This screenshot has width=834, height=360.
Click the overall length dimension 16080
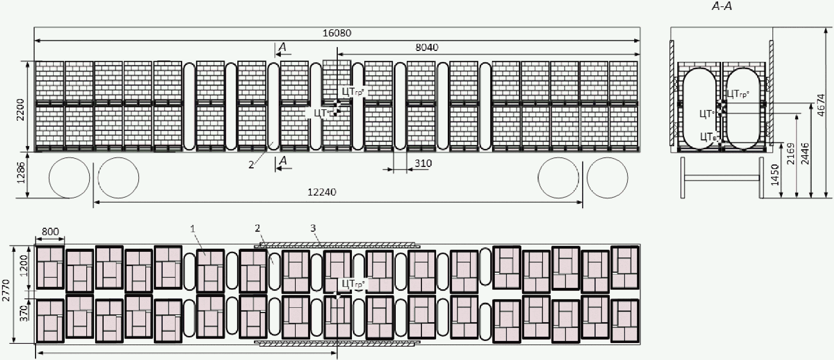click(x=337, y=33)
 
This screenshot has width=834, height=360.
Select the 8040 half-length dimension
click(x=427, y=47)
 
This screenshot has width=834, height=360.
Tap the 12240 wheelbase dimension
click(x=322, y=192)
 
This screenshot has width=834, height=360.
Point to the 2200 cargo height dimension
click(x=21, y=110)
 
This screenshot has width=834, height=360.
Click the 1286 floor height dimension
click(x=21, y=173)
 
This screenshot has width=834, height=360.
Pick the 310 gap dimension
click(x=423, y=163)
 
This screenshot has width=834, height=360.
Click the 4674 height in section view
click(x=821, y=105)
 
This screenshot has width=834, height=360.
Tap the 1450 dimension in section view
click(x=775, y=175)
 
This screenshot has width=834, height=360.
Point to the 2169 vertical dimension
click(x=790, y=153)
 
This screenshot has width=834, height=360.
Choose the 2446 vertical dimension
click(x=805, y=153)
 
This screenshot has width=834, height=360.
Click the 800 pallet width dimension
click(x=50, y=232)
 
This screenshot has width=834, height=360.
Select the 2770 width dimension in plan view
click(x=6, y=290)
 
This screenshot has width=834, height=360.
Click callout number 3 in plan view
click(x=313, y=228)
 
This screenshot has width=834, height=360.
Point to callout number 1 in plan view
click(x=193, y=229)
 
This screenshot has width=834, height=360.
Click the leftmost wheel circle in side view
click(x=69, y=178)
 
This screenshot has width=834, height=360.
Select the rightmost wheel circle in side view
click(x=607, y=178)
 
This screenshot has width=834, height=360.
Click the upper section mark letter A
click(x=282, y=47)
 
